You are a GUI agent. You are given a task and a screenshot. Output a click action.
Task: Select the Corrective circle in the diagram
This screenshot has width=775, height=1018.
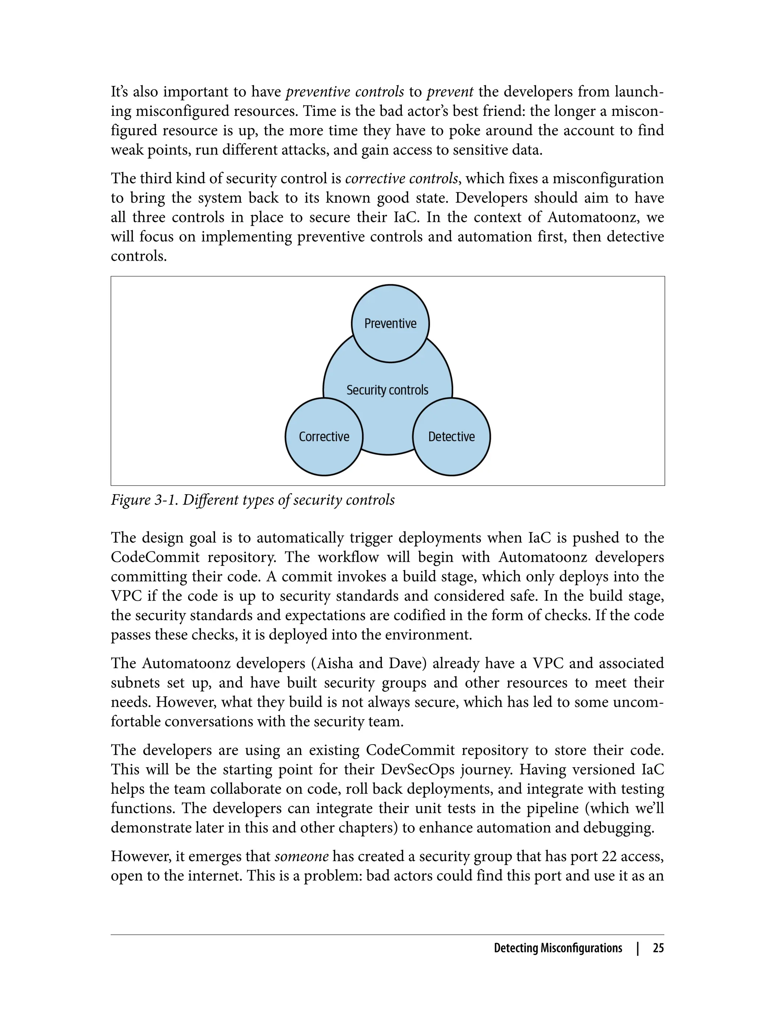coord(324,437)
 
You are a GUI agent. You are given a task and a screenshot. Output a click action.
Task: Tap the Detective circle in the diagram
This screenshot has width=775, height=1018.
coord(451,437)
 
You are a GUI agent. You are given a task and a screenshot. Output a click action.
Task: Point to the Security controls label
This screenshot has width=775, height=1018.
coord(387,390)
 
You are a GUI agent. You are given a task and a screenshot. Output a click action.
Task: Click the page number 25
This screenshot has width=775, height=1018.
coord(658,948)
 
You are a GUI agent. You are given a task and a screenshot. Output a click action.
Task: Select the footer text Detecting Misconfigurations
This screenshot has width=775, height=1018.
coord(558,948)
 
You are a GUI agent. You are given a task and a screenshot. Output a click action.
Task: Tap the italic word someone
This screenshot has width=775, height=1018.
coord(302,856)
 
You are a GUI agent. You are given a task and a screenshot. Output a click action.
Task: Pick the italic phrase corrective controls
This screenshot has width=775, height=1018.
coord(402,179)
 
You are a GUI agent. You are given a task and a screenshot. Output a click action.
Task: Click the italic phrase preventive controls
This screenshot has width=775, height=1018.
coord(345,92)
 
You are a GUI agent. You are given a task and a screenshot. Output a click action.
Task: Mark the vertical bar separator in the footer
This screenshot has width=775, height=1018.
coord(638,948)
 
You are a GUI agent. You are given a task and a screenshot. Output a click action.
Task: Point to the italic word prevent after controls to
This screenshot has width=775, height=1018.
coord(450,92)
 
